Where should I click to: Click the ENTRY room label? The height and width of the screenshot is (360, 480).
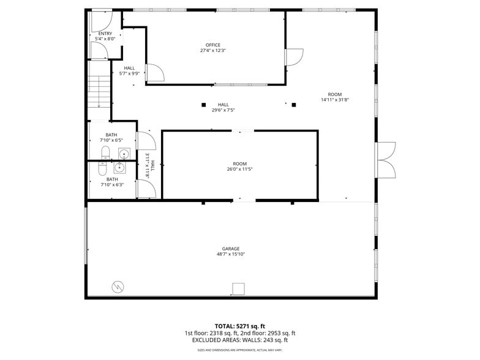pyautogui.click(x=105, y=33)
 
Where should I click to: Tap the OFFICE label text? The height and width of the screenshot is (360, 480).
pyautogui.click(x=212, y=45)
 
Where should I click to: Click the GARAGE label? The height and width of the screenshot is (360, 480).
pyautogui.click(x=231, y=249)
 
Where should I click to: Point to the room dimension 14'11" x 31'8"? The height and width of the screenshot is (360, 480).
pyautogui.click(x=334, y=100)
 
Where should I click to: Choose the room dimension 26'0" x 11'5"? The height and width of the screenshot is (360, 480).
pyautogui.click(x=239, y=169)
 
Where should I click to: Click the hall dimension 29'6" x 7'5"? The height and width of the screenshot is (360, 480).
pyautogui.click(x=223, y=110)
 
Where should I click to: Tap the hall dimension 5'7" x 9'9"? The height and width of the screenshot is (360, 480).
pyautogui.click(x=129, y=73)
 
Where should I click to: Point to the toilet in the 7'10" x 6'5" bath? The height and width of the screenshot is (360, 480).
pyautogui.click(x=105, y=152)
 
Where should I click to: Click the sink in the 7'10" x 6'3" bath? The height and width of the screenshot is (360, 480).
pyautogui.click(x=119, y=167)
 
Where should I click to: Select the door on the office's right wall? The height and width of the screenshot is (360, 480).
pyautogui.click(x=294, y=57)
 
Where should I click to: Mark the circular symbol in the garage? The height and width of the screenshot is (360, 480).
pyautogui.click(x=116, y=286)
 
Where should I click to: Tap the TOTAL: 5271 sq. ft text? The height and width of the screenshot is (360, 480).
pyautogui.click(x=239, y=326)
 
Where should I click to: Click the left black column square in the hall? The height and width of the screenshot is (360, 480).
pyautogui.click(x=203, y=105)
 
